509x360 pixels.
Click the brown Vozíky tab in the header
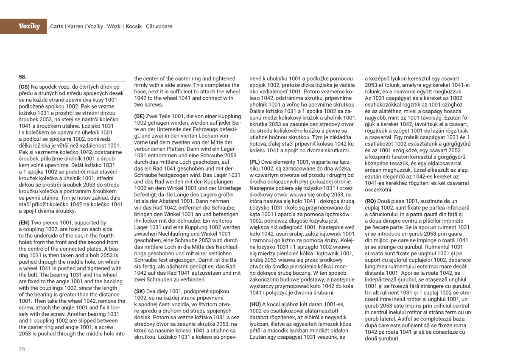[29, 26]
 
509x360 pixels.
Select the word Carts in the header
[57, 26]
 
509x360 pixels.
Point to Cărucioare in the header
[159, 26]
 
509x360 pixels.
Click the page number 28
[22, 349]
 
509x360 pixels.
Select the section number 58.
[23, 77]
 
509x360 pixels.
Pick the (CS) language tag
[24, 87]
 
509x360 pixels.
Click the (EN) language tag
[25, 223]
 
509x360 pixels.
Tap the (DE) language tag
[140, 116]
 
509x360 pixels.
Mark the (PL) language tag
[255, 162]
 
